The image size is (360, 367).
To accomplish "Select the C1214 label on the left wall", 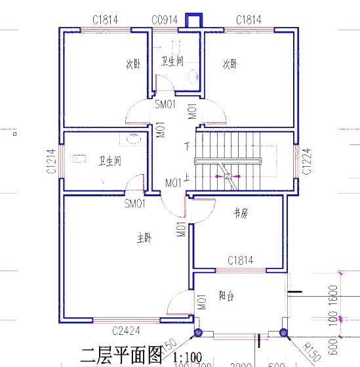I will click(x=50, y=161).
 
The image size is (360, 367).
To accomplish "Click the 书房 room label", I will click(x=241, y=213).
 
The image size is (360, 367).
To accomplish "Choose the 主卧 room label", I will click(x=144, y=238).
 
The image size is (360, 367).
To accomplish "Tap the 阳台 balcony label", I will click(x=226, y=295).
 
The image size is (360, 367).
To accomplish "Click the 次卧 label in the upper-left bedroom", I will click(x=133, y=64).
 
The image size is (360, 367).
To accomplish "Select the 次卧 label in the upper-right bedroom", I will click(x=230, y=64).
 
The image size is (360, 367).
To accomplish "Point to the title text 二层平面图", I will click(x=121, y=356).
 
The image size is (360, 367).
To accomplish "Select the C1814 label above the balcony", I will click(x=240, y=261).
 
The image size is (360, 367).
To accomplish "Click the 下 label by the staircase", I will click(x=188, y=145).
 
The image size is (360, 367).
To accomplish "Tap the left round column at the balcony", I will click(x=199, y=334).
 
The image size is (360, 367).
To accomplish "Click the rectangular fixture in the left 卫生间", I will click(x=79, y=158).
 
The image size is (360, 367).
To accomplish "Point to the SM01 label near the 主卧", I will click(x=134, y=204).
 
